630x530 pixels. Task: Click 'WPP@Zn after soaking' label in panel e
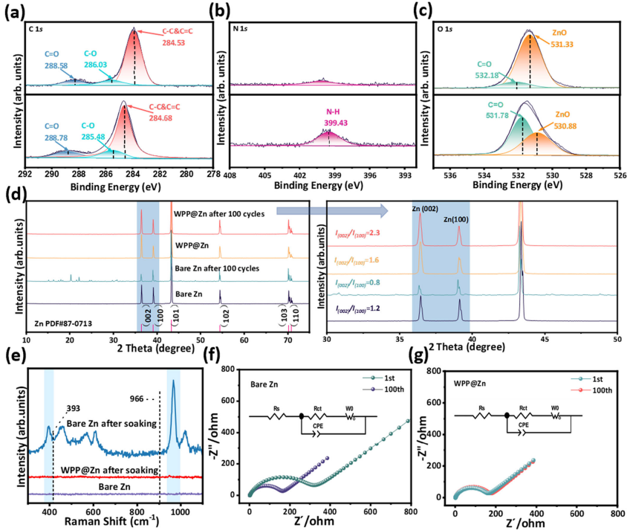[109, 471]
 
